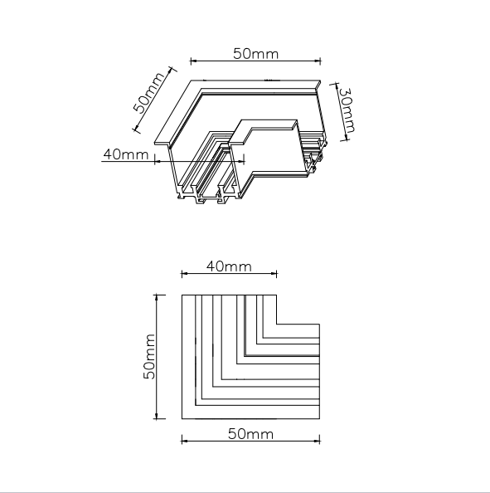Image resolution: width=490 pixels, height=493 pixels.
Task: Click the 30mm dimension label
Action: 348,110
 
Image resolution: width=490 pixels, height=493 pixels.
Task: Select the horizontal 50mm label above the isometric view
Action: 255,54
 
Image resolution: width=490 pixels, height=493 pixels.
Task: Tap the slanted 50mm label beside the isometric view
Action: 149,93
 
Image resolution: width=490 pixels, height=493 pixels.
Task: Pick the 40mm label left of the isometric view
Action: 126,154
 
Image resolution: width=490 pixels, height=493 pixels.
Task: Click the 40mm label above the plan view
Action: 229,266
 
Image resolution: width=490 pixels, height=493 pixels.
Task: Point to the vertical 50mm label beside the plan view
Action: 149,357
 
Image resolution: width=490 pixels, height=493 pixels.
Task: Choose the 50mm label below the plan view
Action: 250,434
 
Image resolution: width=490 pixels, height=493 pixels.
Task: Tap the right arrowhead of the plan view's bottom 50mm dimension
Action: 317,441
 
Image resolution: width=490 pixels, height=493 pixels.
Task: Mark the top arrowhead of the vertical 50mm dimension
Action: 157,298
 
